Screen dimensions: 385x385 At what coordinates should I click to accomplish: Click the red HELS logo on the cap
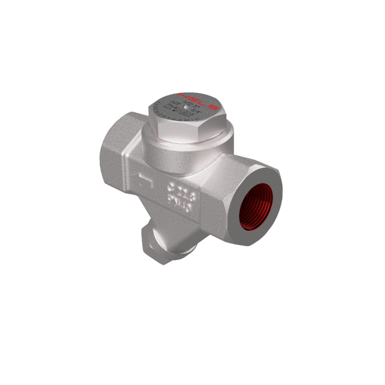[199, 101]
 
